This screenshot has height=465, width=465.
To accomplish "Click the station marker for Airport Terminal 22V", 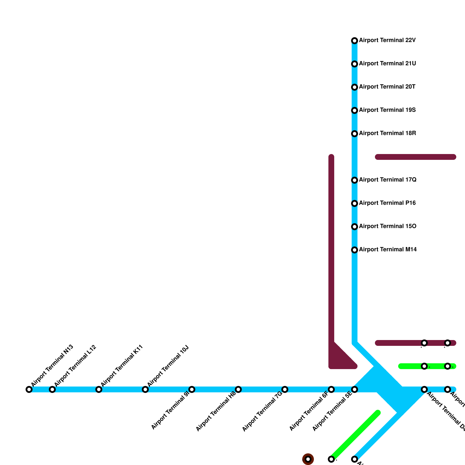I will click(x=355, y=41).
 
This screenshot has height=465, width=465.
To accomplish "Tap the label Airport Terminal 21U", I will click(x=387, y=64).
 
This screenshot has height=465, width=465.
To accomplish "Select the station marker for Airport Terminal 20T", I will click(x=355, y=87).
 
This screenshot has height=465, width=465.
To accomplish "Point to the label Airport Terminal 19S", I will click(x=387, y=110).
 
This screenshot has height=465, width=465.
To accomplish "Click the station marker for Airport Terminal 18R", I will click(x=355, y=134).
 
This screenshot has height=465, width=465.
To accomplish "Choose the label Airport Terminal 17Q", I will click(x=388, y=180).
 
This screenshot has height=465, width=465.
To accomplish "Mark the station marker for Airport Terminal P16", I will click(x=355, y=203).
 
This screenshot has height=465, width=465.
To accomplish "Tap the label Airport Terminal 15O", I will click(x=388, y=226).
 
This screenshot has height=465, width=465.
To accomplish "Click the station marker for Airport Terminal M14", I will click(x=355, y=250).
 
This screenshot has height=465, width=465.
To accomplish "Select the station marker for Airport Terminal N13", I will click(x=29, y=389).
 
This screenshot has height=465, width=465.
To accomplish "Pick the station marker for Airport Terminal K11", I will click(x=99, y=389).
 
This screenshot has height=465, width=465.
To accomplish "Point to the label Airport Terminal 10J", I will click(x=168, y=366).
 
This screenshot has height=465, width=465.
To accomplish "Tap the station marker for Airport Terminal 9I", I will click(x=192, y=389).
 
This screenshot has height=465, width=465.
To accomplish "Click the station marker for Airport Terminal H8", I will click(x=238, y=389).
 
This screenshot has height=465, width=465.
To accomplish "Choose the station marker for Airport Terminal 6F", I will click(x=331, y=389).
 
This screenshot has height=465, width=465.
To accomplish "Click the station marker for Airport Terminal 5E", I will click(x=355, y=389).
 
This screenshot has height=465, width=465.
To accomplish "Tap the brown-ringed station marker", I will click(x=308, y=459).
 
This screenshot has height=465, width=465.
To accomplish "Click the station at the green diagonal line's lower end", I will click(x=331, y=459).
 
